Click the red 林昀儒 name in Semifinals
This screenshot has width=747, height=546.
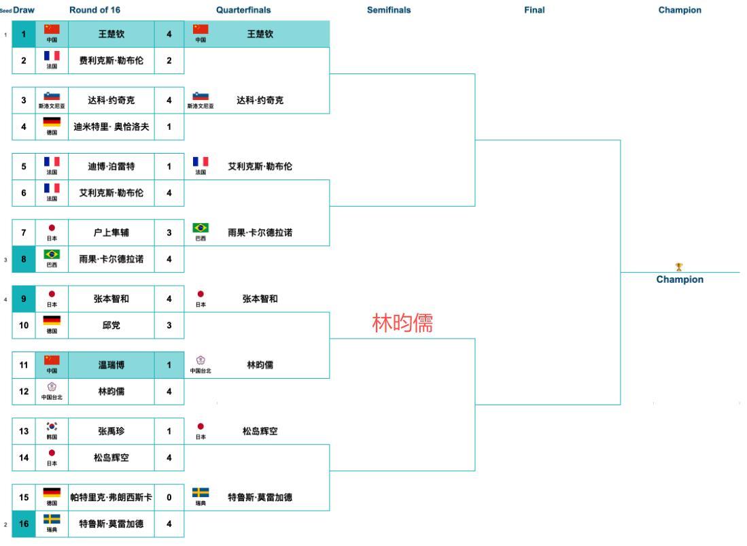(402, 324)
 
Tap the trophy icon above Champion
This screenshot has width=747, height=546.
(679, 267)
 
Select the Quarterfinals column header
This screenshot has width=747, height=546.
(243, 10)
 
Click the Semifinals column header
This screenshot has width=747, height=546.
(389, 10)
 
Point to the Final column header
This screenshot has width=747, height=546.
(534, 10)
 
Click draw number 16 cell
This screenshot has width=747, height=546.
(24, 524)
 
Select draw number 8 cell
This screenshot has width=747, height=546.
(24, 259)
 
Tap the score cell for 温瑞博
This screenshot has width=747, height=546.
(169, 365)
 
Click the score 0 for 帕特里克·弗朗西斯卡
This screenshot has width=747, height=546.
(169, 498)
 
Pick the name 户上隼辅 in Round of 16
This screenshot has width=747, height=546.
(111, 233)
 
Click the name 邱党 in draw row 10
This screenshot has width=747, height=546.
(111, 326)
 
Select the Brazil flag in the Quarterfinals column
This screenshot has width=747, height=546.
(201, 228)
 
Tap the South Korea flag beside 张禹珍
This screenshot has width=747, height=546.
(52, 428)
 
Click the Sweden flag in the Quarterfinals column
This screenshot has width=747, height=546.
(201, 493)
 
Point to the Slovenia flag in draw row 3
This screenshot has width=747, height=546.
(52, 97)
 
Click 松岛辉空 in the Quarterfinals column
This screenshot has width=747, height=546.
(260, 431)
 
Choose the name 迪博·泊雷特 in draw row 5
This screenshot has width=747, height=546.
(111, 167)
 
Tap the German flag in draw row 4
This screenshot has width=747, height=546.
(52, 122)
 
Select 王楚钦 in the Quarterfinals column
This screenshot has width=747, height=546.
(260, 34)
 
